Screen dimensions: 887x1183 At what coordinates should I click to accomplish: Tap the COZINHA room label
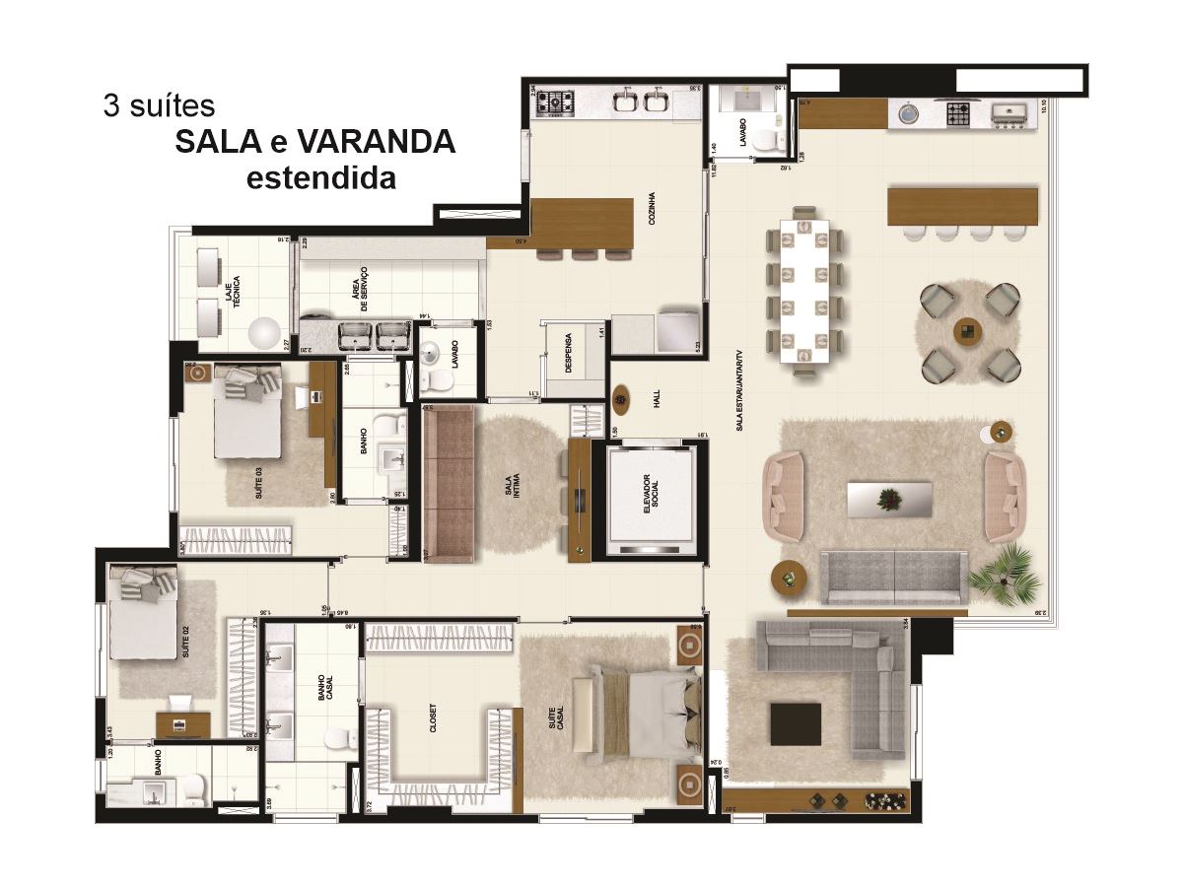point(653,208)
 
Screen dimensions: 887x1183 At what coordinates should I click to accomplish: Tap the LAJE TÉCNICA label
point(233,294)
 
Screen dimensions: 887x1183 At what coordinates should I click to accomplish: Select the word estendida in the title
point(320,178)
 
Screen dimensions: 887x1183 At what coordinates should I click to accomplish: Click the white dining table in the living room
point(805,290)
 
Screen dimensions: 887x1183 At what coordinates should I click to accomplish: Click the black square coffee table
point(796,724)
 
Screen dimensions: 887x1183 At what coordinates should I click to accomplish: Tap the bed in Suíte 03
point(248,413)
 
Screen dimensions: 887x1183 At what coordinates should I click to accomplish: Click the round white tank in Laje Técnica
point(263,334)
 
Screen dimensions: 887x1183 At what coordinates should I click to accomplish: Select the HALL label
point(656,398)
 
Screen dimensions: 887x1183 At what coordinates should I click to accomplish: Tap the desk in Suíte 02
point(182,725)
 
